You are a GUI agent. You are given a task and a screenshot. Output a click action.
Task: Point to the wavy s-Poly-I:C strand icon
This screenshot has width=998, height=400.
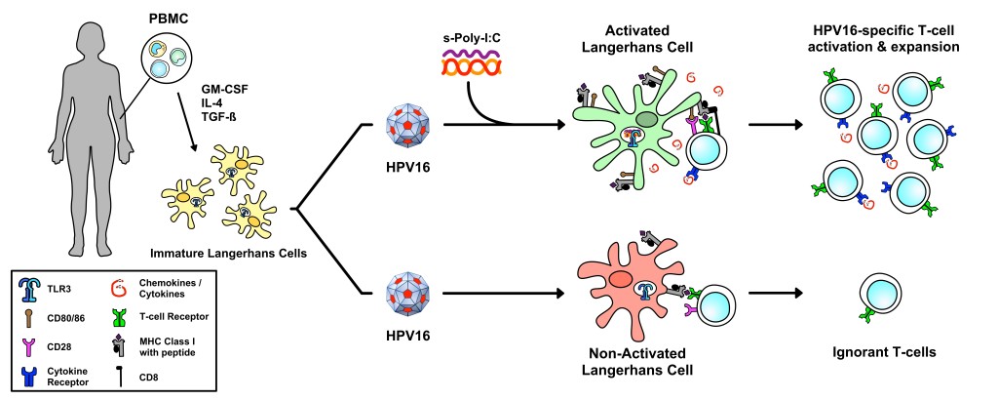[473, 66]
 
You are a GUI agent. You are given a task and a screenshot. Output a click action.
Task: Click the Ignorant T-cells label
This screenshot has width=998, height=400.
[877, 357]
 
